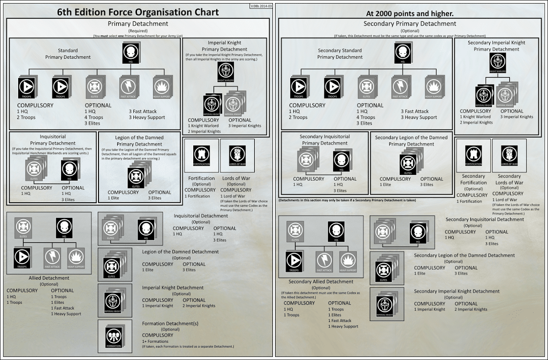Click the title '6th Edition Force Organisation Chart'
coord(137,12)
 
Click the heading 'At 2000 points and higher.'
coord(409,12)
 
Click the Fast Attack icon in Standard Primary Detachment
coord(128,87)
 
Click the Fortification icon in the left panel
coord(201,155)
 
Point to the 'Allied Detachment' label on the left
coord(49,278)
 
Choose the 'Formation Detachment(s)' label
coord(170,323)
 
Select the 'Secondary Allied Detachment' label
coord(321,281)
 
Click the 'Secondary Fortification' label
coord(474,179)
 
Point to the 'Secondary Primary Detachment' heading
coord(409,24)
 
